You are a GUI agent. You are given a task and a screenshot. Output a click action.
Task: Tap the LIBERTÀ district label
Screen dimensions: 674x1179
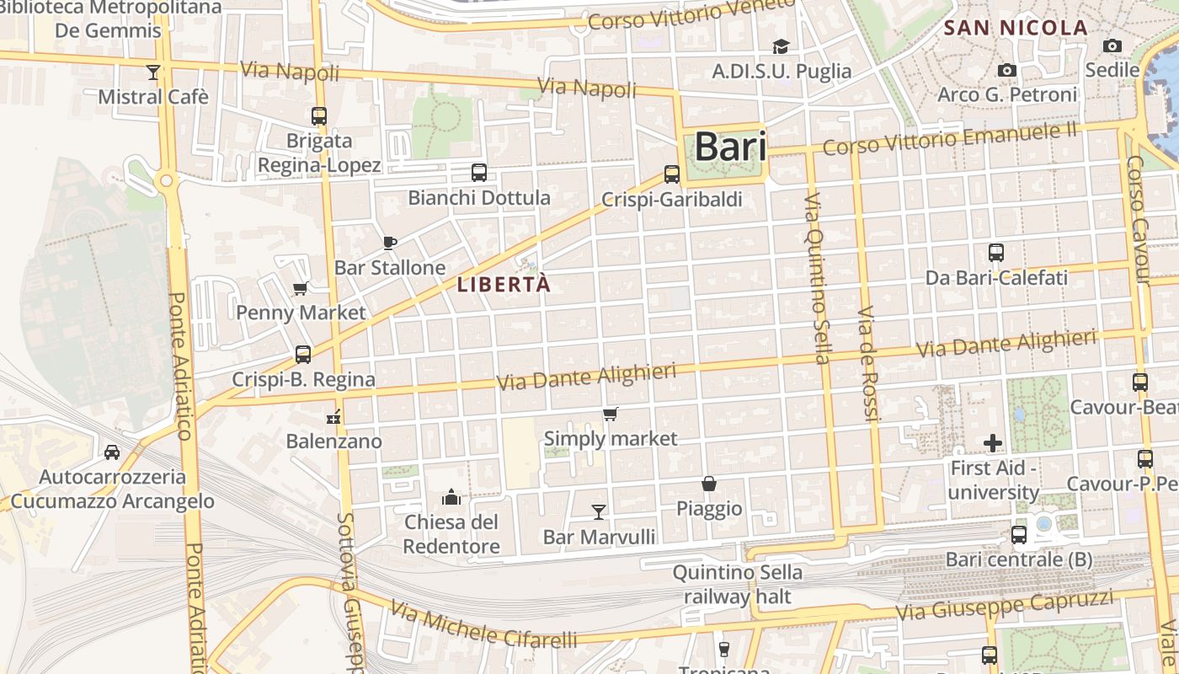(x=504, y=285)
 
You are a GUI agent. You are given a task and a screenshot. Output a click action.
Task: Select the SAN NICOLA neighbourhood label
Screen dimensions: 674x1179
(x=1016, y=28)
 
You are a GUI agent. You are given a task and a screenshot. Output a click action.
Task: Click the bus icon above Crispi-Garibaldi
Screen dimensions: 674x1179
(x=671, y=174)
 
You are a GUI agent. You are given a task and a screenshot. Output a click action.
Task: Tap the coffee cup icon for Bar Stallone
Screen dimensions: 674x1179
(x=390, y=243)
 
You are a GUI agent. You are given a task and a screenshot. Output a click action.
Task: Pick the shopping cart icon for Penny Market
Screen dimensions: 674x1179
(x=300, y=289)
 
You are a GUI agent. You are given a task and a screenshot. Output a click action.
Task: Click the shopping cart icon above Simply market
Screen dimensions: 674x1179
(x=611, y=414)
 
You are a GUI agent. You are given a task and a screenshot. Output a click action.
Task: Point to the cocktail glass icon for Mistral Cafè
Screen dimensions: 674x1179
(x=152, y=72)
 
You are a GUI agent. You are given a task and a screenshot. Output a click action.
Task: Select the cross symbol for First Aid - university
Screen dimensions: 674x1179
(x=993, y=442)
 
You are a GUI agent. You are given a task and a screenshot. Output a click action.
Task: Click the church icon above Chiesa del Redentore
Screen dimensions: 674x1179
(x=451, y=497)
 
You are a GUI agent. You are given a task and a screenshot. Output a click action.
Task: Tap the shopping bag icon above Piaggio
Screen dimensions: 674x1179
(x=709, y=484)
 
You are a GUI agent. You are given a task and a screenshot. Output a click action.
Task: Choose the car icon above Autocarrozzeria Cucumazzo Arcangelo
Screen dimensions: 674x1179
(x=112, y=452)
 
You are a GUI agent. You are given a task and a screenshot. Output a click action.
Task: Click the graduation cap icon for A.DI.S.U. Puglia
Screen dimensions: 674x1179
(x=782, y=46)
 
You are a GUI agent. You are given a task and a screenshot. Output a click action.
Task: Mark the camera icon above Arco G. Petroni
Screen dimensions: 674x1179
(x=1006, y=70)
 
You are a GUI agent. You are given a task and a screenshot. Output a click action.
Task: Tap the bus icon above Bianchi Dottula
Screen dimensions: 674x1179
(x=478, y=173)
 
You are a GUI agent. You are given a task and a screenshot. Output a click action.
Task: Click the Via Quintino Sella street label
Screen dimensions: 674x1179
(x=815, y=278)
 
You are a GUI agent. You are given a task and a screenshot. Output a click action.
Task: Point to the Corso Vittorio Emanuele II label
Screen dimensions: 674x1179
(x=950, y=139)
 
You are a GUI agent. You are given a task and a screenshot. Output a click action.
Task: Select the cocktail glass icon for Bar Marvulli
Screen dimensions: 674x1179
(x=599, y=511)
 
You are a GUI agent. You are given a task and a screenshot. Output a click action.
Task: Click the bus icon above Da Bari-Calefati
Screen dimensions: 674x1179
(x=996, y=252)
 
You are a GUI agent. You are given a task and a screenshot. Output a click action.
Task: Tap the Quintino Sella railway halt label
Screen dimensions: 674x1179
(x=737, y=585)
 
